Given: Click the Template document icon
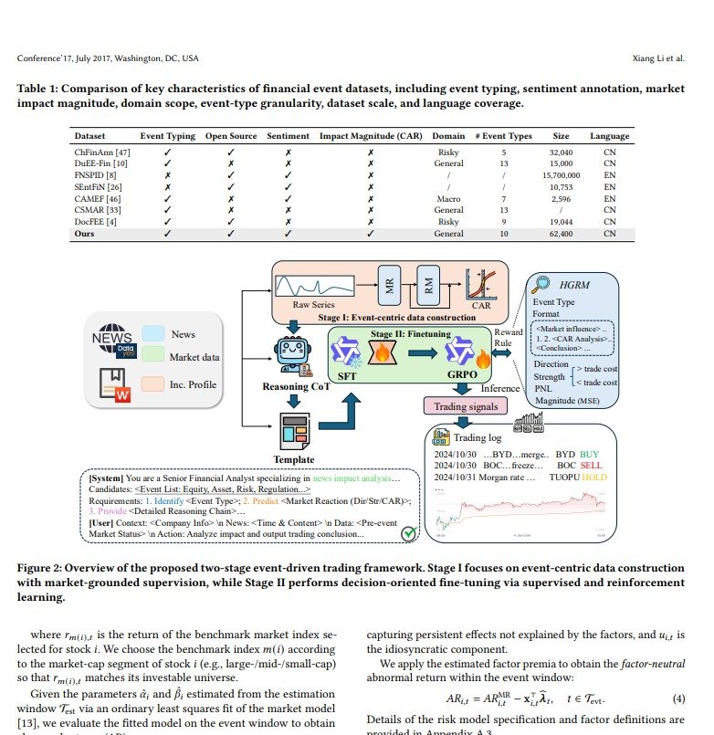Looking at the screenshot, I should click(294, 428).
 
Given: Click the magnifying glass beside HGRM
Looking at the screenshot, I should click(542, 284).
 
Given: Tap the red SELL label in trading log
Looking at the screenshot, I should click(591, 464).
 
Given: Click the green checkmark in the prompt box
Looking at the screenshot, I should click(410, 530).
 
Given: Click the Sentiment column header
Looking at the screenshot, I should click(288, 136).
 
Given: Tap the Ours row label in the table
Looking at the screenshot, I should click(84, 233).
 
